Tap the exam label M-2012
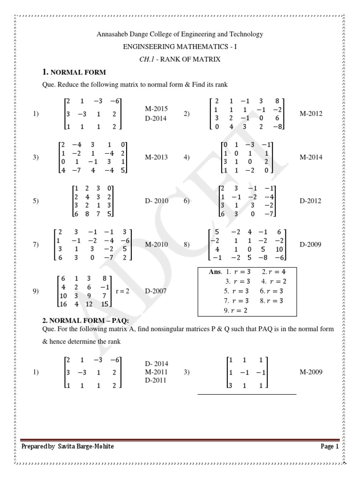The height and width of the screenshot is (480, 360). click(x=311, y=113)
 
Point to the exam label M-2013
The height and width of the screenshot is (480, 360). click(x=156, y=157)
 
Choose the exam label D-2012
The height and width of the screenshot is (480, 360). click(x=311, y=201)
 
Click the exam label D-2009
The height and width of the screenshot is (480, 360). click(x=311, y=245)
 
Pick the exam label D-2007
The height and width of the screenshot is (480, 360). click(x=156, y=291)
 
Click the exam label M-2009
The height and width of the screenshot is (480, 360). click(x=311, y=372)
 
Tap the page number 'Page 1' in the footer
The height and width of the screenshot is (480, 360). click(x=330, y=447)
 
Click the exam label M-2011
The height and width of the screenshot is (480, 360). click(x=157, y=372)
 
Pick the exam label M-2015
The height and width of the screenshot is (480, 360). click(x=157, y=109)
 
